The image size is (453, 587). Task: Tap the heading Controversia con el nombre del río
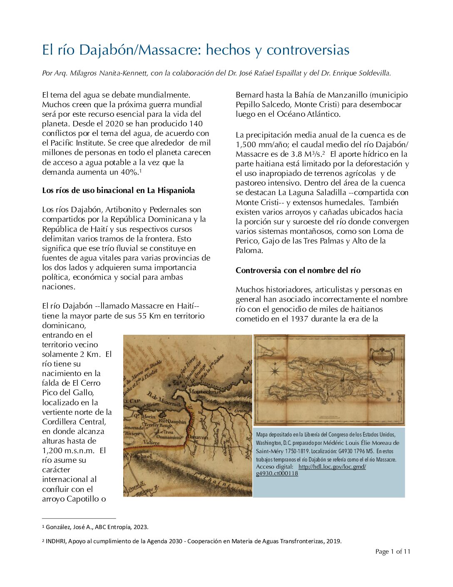point(298,270)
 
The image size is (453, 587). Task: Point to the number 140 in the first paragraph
point(196,124)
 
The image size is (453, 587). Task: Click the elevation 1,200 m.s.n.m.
point(69,450)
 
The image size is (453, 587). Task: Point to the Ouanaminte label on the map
point(171,437)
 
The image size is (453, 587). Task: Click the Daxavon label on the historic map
point(197,437)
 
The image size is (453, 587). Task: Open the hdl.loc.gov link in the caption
point(331,467)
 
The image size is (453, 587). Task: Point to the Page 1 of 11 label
point(392,552)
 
